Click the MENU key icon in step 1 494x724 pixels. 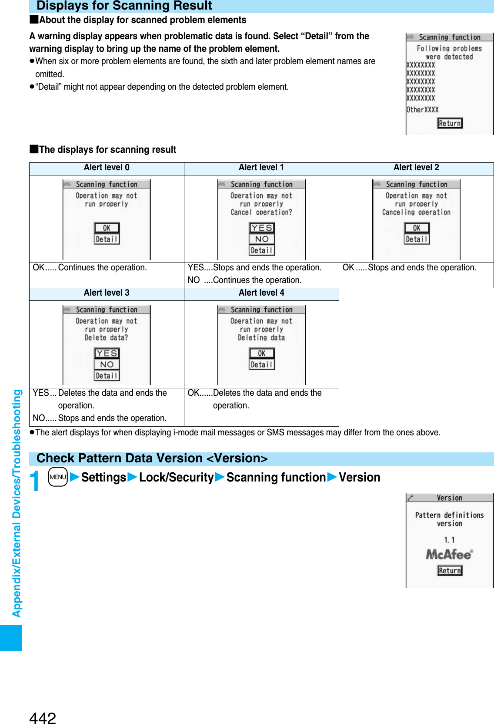(x=58, y=477)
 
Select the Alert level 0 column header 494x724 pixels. (x=107, y=168)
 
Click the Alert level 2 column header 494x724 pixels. (x=416, y=168)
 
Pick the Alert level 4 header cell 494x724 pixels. (x=261, y=293)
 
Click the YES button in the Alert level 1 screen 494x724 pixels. (x=262, y=228)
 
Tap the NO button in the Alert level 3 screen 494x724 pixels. (x=107, y=364)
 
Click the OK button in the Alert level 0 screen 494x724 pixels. (x=107, y=228)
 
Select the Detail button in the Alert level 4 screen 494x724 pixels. (x=262, y=364)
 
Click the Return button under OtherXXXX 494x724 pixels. (x=450, y=123)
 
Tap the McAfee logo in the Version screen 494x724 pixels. (x=449, y=554)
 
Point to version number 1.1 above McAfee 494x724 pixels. (x=449, y=540)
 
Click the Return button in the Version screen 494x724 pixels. (x=450, y=570)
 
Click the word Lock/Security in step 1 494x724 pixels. (x=176, y=478)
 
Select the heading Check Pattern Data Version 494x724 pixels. (x=152, y=458)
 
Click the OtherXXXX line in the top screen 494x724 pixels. (x=422, y=110)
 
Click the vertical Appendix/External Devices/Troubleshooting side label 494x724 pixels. (x=17, y=503)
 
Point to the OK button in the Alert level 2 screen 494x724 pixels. (x=417, y=228)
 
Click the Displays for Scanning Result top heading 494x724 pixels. (x=124, y=6)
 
